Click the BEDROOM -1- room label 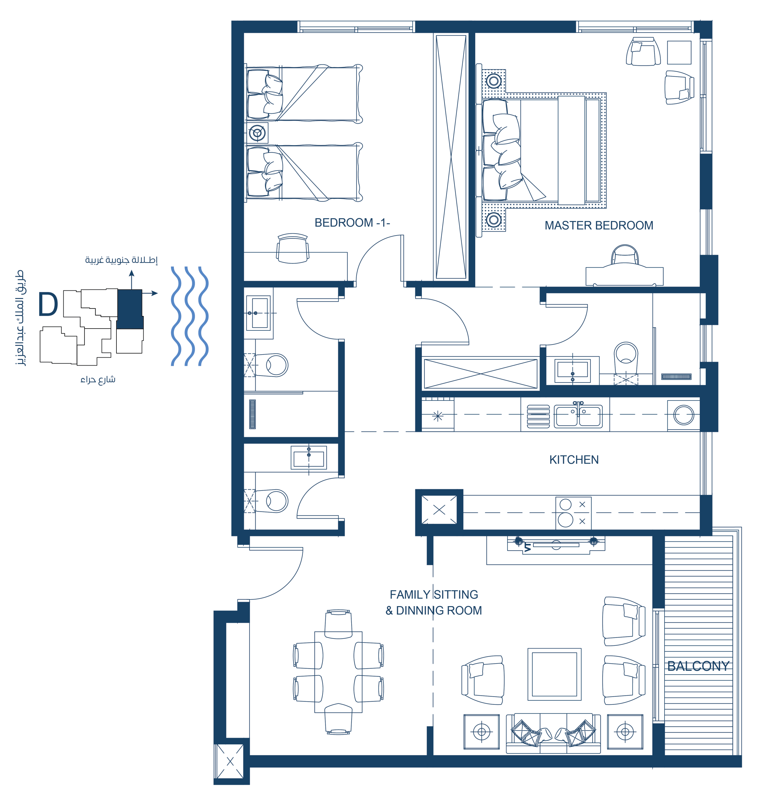(x=352, y=223)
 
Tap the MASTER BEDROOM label (x=599, y=225)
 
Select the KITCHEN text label (x=574, y=460)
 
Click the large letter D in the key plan (x=48, y=304)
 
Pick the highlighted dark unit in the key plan (x=130, y=309)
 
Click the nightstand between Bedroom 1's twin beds (x=257, y=133)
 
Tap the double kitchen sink (x=578, y=416)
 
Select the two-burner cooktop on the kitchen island (x=573, y=512)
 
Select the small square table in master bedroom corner (x=679, y=52)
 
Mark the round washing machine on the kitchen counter (x=684, y=415)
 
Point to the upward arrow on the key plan (x=132, y=280)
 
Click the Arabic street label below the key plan (x=98, y=379)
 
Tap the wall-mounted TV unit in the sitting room (x=556, y=545)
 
